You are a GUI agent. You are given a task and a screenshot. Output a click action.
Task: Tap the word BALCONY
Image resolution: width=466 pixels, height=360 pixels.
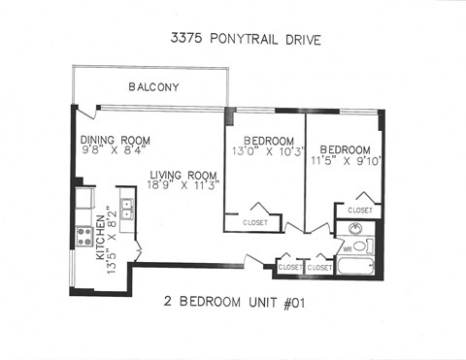(x=153, y=87)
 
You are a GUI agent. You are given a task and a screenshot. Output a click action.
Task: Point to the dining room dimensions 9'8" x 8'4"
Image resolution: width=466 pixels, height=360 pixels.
(x=113, y=150)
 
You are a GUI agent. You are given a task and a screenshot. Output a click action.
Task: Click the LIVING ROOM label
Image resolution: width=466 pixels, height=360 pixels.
(x=183, y=175)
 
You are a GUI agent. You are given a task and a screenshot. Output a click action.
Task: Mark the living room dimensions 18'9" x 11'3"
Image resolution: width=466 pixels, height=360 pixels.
(x=183, y=184)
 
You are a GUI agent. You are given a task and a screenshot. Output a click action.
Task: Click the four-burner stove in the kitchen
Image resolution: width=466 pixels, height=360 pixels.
(x=84, y=235)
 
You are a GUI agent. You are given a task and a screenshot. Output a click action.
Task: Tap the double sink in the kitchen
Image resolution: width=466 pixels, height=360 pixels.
(x=126, y=208)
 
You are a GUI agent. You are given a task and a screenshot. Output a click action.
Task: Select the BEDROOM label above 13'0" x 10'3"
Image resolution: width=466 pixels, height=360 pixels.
(x=267, y=140)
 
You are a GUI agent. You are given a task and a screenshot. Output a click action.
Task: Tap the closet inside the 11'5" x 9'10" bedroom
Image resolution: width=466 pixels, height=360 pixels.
(x=359, y=210)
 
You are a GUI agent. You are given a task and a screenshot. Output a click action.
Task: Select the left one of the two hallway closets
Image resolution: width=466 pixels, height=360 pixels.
(x=289, y=266)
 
